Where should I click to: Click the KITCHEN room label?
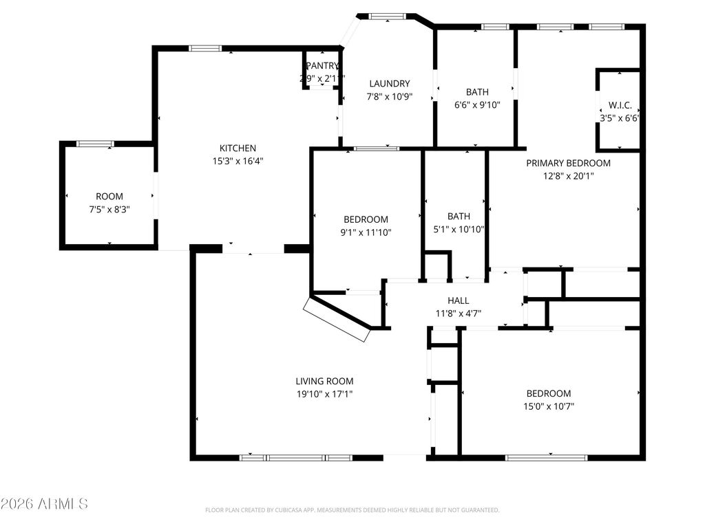click(x=238, y=148)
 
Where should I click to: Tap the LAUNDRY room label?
click(x=389, y=84)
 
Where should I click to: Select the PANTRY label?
click(x=322, y=66)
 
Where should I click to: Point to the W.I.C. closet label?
click(x=620, y=106)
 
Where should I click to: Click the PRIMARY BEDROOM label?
click(x=568, y=163)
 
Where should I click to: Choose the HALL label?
click(x=458, y=300)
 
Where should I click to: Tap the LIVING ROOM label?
click(x=324, y=381)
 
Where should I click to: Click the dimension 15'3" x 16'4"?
click(x=238, y=161)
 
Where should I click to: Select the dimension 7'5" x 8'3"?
click(x=109, y=209)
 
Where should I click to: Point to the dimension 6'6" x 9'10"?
click(x=477, y=105)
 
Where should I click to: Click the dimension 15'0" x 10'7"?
click(x=548, y=406)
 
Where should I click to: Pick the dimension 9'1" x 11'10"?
click(x=366, y=232)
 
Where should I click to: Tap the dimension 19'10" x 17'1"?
click(x=324, y=394)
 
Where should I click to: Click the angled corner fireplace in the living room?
click(x=338, y=320)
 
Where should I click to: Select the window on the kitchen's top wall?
click(x=205, y=48)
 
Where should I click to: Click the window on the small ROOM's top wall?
click(x=95, y=144)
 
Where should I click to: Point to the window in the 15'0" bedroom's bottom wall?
click(x=547, y=457)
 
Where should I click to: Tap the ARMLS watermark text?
click(x=44, y=504)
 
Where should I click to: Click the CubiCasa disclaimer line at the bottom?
click(x=352, y=510)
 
